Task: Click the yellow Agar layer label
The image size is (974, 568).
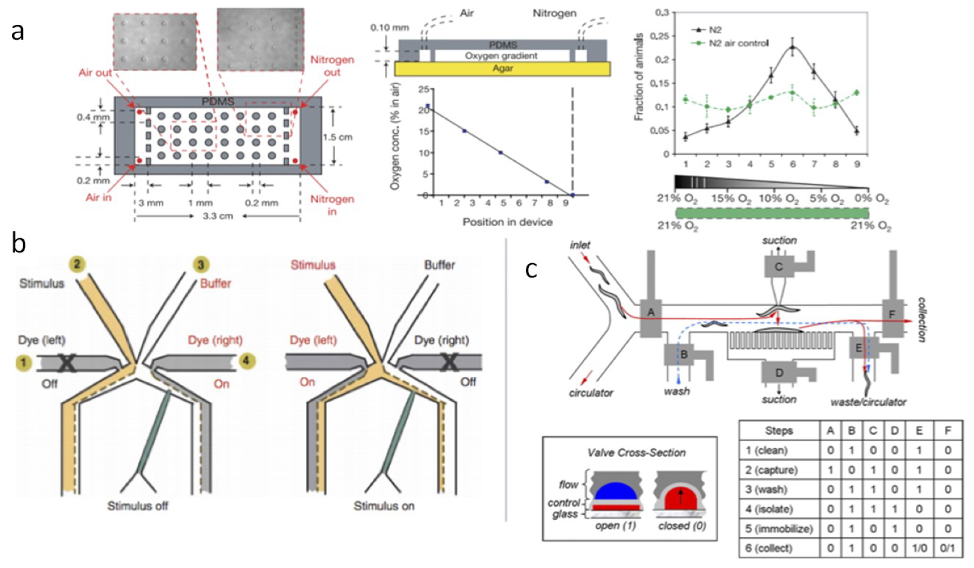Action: coord(503,68)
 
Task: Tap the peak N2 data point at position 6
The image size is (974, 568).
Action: coord(793,47)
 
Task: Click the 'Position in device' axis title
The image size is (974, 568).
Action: coord(507,222)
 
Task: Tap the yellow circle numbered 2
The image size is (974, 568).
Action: coord(77,264)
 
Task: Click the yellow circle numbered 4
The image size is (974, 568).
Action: coord(247,361)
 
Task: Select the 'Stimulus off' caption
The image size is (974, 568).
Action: coord(138,506)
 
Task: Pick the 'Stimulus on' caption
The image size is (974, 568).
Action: coord(384,506)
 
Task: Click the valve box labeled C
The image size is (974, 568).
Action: coord(778,266)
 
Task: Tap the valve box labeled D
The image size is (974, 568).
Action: coord(779,372)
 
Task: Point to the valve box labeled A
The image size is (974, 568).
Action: coord(651,312)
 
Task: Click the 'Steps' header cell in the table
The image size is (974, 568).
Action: coord(778,431)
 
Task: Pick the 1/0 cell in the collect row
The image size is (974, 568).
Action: coord(918,548)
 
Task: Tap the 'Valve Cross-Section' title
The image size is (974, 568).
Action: coord(636,452)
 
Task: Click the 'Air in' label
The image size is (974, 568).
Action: coord(98,197)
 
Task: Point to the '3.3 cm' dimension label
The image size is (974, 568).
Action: coord(218,216)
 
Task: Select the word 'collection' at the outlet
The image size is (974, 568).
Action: coord(922,319)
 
